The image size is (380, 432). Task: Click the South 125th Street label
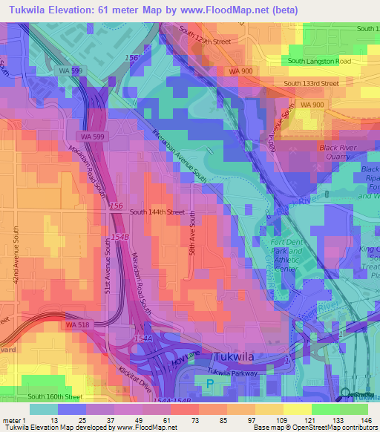tap(206, 41)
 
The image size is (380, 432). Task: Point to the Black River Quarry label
tap(342, 151)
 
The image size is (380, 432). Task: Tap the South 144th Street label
tap(157, 212)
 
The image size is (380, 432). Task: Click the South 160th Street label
tap(56, 397)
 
